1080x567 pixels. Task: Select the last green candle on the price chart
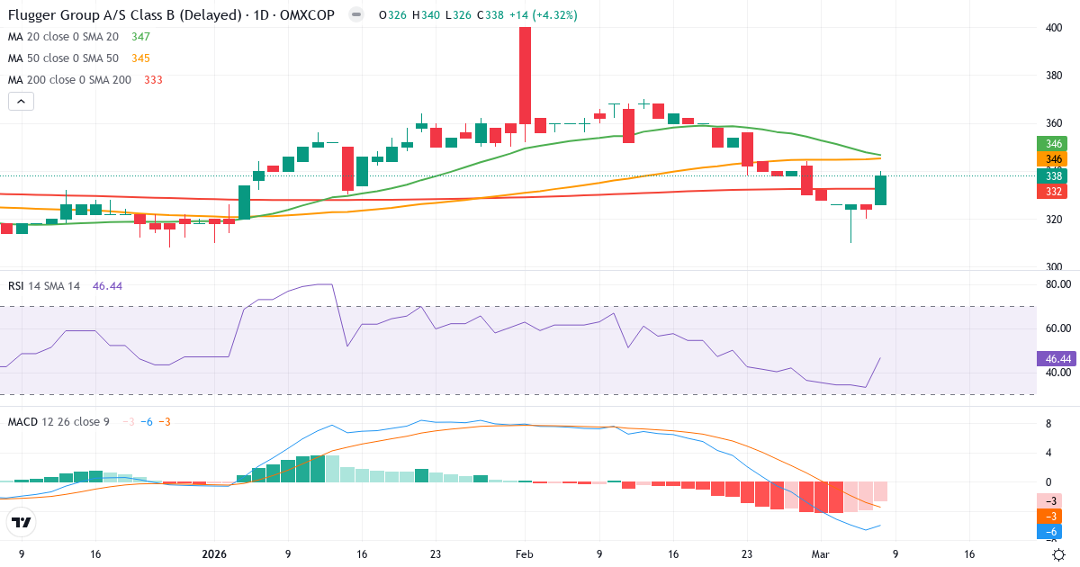tap(880, 190)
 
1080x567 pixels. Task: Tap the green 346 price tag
tap(1054, 144)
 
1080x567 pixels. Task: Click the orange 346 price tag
tap(1054, 159)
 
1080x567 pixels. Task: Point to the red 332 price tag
tap(1054, 192)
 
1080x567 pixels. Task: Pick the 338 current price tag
tap(1054, 175)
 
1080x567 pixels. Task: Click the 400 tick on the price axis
tap(1054, 28)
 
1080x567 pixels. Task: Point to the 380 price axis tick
tap(1054, 76)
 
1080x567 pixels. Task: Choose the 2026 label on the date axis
tap(214, 554)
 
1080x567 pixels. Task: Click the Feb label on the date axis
tap(525, 554)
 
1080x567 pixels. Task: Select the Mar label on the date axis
tap(820, 554)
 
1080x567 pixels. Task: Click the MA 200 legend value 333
tap(153, 79)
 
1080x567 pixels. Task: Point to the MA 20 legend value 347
tap(140, 36)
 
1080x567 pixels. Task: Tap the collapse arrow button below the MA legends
tap(21, 102)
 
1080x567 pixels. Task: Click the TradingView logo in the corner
tap(22, 523)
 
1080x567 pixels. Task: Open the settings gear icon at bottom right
tap(1059, 554)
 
